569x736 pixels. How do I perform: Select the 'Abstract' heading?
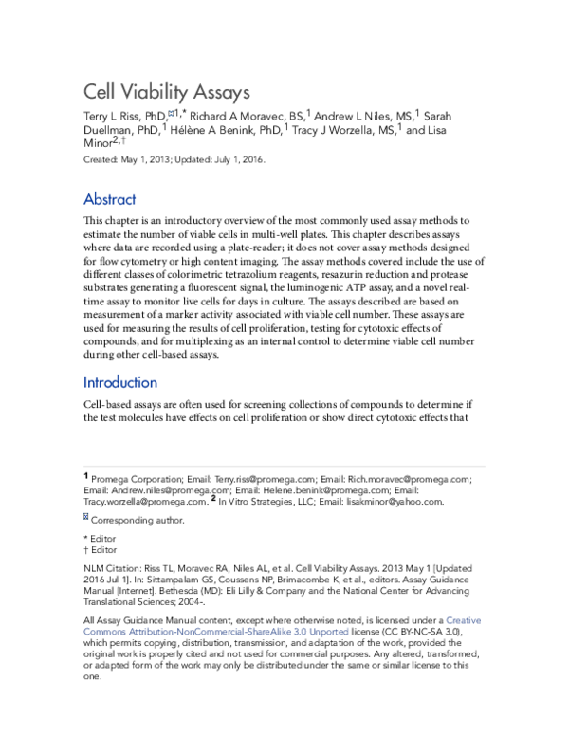(110, 199)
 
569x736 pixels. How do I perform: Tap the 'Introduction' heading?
(120, 383)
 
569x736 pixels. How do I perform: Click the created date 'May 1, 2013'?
(148, 160)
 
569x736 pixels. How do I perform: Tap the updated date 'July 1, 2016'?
(237, 160)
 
